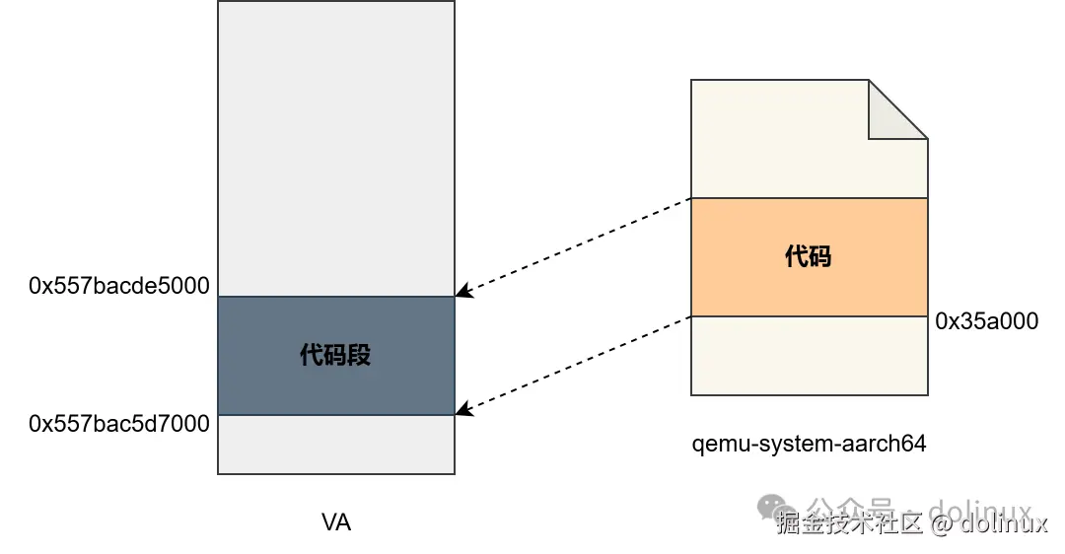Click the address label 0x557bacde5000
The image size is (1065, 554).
(119, 286)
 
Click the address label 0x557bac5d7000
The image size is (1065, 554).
(119, 424)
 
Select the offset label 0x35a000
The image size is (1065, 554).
(986, 320)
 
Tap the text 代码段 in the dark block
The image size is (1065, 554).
(335, 355)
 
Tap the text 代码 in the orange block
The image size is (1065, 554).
(808, 256)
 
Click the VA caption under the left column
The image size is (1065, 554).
(336, 522)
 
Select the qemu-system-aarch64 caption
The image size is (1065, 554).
(809, 444)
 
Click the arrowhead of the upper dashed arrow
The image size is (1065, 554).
(461, 293)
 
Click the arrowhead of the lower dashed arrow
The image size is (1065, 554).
(461, 411)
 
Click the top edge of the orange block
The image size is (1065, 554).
(809, 198)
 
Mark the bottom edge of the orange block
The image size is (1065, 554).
(809, 316)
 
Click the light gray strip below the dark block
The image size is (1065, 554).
(335, 444)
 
